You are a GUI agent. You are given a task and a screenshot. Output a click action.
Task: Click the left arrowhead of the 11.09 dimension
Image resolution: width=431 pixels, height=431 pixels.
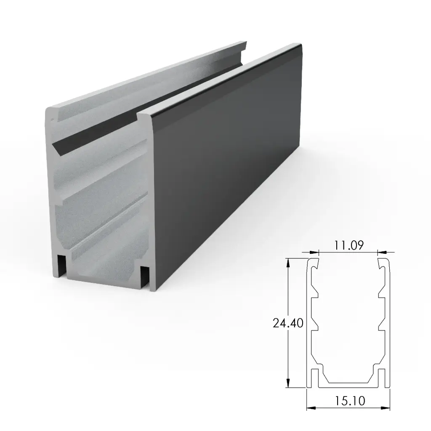coord(314,253)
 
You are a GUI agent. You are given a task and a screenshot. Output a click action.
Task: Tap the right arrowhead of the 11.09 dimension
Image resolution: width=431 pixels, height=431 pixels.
coord(381,253)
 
